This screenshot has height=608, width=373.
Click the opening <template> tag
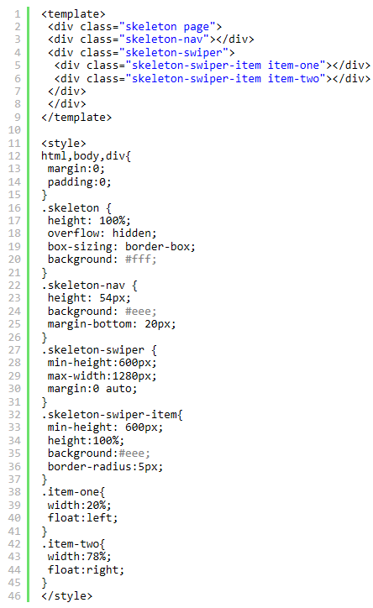[73, 14]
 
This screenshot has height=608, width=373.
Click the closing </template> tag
[76, 117]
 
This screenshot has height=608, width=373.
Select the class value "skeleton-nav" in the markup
[164, 39]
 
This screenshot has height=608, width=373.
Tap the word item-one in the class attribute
[293, 66]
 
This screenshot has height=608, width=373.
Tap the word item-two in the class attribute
[293, 78]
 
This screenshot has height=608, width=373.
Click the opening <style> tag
[64, 143]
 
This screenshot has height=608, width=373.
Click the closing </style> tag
[66, 595]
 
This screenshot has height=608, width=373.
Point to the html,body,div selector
[85, 156]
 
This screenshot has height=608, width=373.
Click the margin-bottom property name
[89, 324]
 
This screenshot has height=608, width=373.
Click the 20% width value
[96, 505]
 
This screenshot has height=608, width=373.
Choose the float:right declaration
[86, 569]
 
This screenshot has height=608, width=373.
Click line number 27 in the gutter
[14, 349]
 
